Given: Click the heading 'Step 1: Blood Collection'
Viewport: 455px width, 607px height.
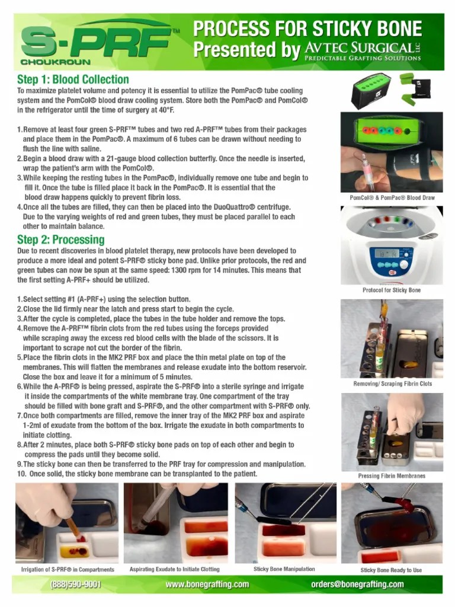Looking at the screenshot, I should [x=73, y=79].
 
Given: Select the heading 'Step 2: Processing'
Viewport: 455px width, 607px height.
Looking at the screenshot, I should [x=60, y=239].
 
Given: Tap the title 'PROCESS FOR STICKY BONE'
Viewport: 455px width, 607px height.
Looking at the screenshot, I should [x=308, y=28].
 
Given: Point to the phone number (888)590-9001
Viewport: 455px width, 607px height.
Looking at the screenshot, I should [x=76, y=584].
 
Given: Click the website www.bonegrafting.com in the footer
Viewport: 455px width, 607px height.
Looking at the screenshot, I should [x=207, y=584].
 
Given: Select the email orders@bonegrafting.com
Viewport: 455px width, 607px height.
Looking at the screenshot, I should [x=357, y=584].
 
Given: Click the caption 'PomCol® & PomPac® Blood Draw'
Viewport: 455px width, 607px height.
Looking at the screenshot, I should [x=392, y=197].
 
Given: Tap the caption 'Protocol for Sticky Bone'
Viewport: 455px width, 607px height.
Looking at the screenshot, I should [x=392, y=290].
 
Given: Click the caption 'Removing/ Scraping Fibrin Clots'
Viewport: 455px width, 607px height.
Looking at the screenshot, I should [x=392, y=384].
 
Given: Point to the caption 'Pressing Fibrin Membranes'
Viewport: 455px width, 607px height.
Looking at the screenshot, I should [x=392, y=476].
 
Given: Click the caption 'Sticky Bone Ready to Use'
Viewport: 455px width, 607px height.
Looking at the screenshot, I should [x=392, y=570].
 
